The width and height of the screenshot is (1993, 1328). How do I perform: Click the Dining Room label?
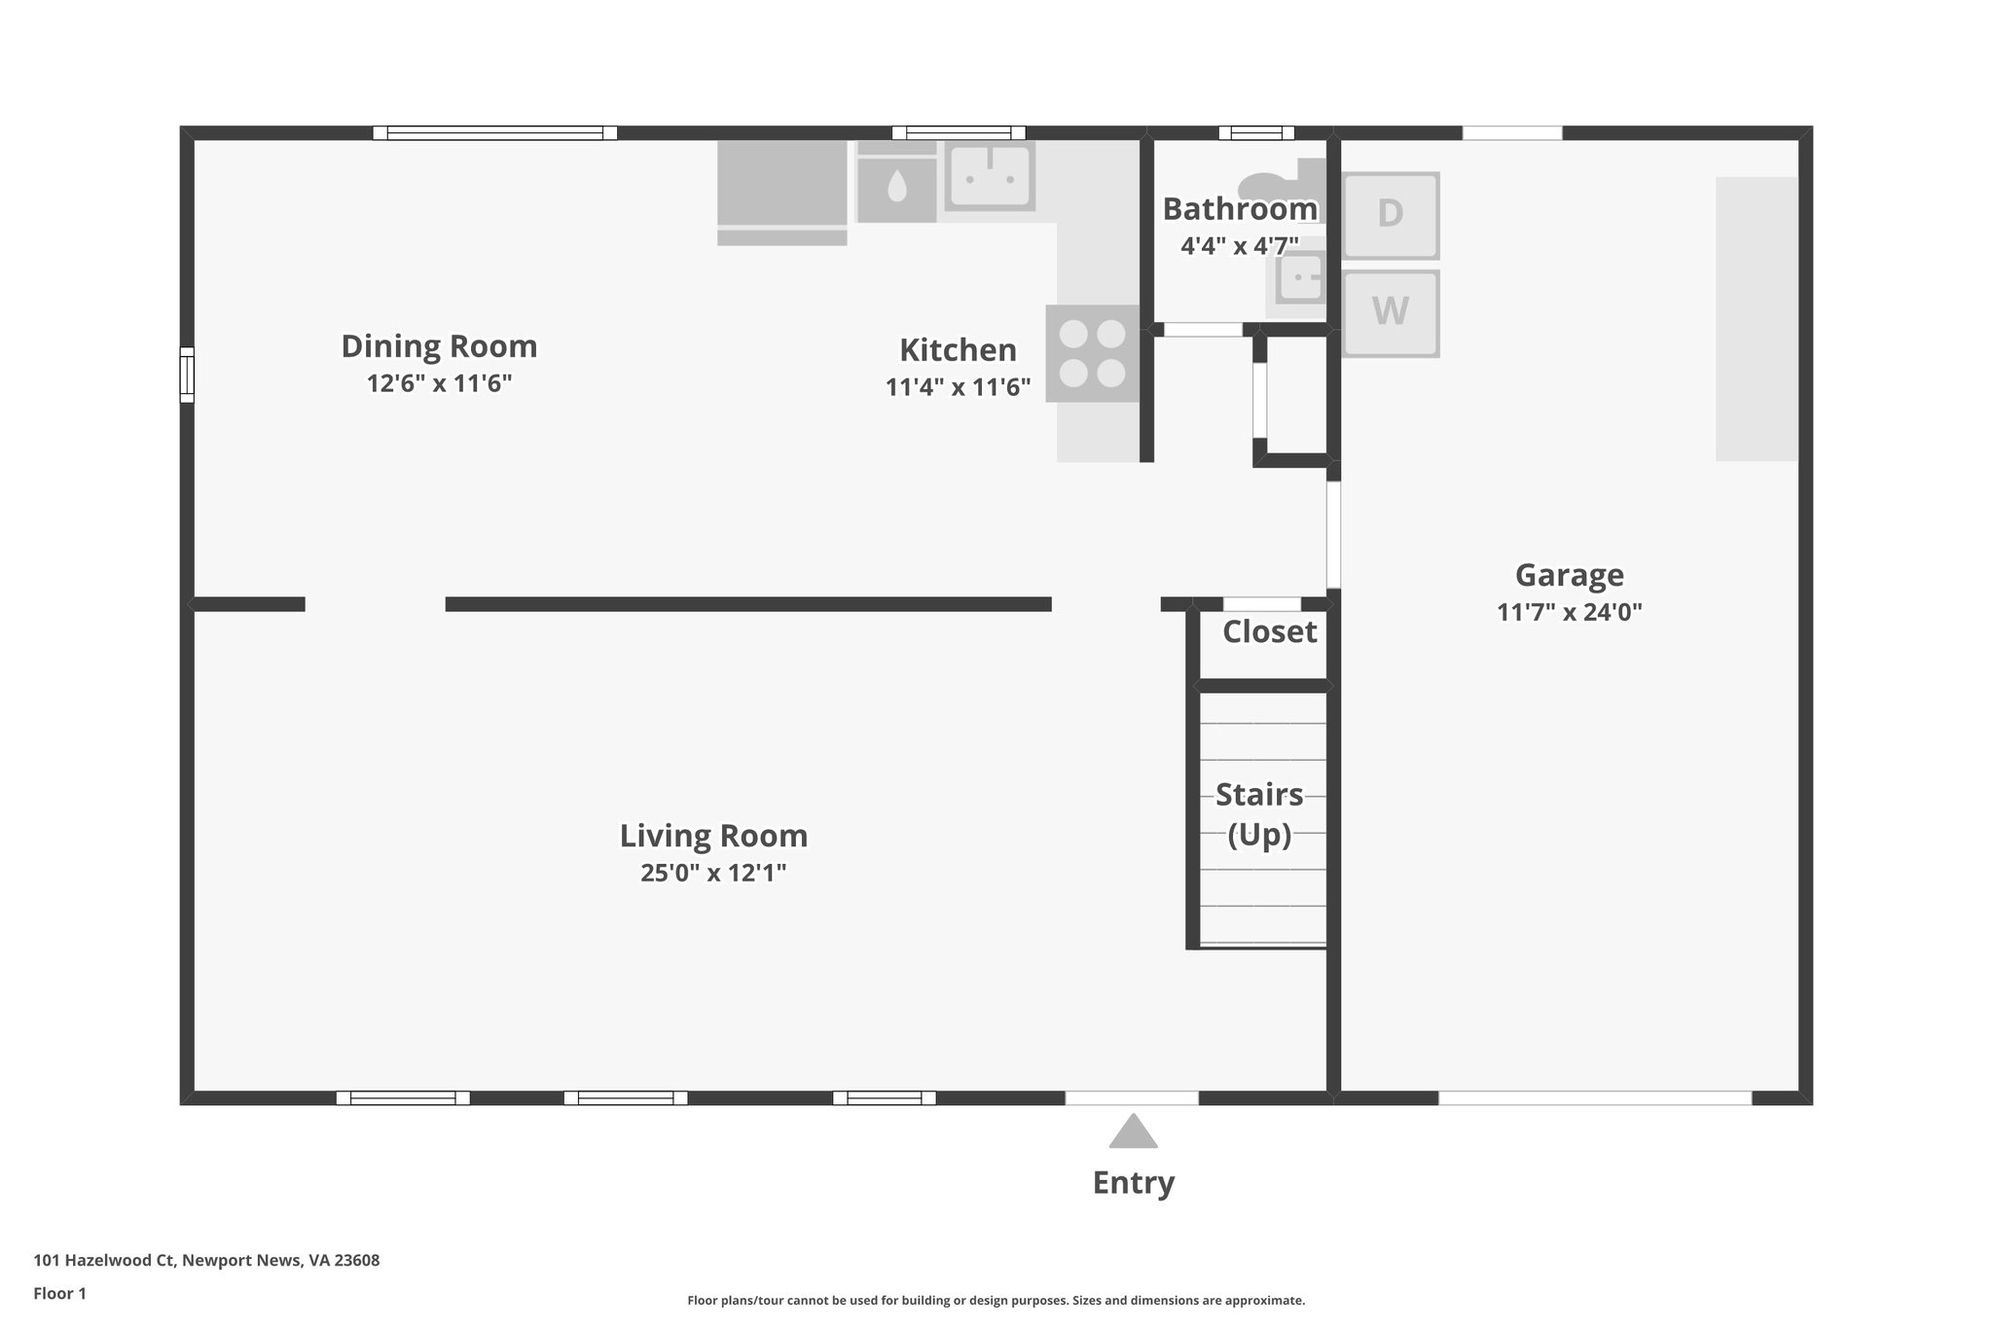point(439,346)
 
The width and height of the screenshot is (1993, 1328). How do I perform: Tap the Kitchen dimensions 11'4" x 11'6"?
point(958,387)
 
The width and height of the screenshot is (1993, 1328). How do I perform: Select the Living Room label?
point(713,836)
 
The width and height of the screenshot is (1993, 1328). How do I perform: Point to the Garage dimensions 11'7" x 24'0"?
point(1569,612)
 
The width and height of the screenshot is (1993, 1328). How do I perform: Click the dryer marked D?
point(1390,214)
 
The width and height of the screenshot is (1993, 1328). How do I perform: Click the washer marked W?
point(1390,312)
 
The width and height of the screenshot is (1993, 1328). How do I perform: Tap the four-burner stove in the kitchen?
point(1092,353)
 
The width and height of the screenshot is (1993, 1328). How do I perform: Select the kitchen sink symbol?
point(989,176)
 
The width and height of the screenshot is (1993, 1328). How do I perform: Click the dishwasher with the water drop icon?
point(896,188)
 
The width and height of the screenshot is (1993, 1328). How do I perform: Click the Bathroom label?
point(1239,209)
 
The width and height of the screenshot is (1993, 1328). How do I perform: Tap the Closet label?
point(1269,632)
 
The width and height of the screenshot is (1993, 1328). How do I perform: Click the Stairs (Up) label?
point(1259,814)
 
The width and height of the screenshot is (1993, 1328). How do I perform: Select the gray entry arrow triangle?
point(1133,1132)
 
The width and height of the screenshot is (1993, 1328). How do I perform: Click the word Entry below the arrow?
point(1133,1183)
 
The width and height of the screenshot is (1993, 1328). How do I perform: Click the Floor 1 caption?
point(59,1294)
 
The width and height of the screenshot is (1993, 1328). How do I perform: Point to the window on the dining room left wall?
point(187,374)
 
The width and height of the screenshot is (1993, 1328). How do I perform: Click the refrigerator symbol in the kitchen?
point(781,191)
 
